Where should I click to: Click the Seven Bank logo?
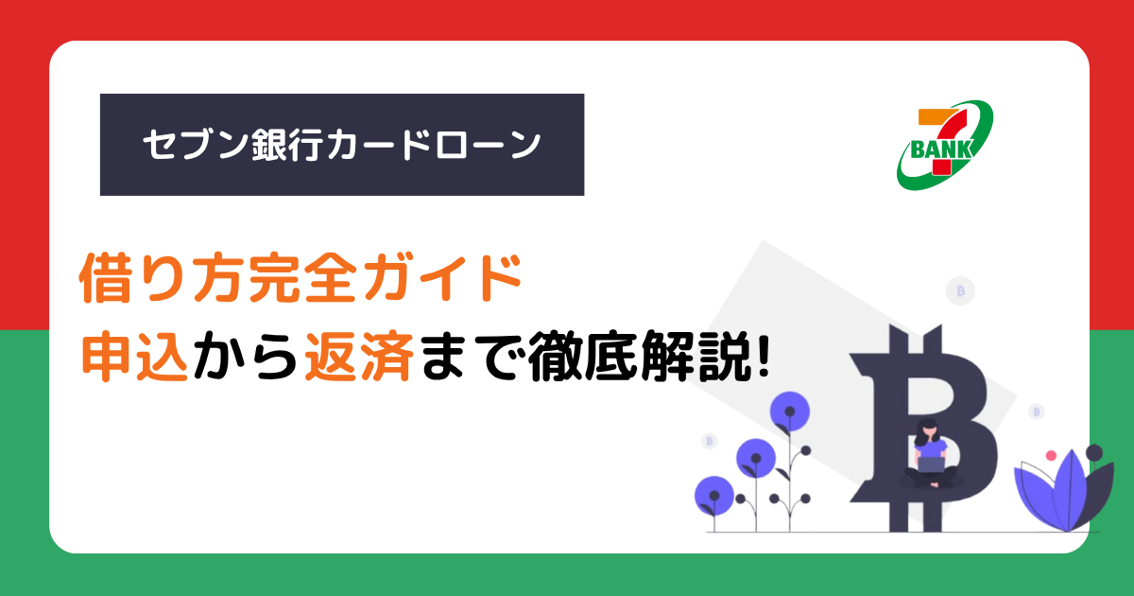(945, 145)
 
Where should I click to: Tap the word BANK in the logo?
(941, 149)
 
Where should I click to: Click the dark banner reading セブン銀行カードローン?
(342, 145)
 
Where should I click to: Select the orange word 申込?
(135, 356)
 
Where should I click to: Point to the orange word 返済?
(358, 356)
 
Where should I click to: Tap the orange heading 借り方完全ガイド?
(301, 278)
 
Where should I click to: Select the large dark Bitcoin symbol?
(922, 429)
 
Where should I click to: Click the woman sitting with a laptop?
(931, 453)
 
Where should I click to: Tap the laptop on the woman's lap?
(931, 465)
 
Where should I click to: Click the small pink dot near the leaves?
(1051, 456)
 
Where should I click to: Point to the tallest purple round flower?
(790, 412)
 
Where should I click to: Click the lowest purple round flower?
(714, 496)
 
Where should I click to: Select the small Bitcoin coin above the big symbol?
(960, 291)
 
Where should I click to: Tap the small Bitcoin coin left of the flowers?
(710, 441)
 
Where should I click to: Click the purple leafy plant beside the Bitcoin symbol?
(1063, 489)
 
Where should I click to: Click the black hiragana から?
(246, 356)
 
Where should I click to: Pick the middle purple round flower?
(756, 458)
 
